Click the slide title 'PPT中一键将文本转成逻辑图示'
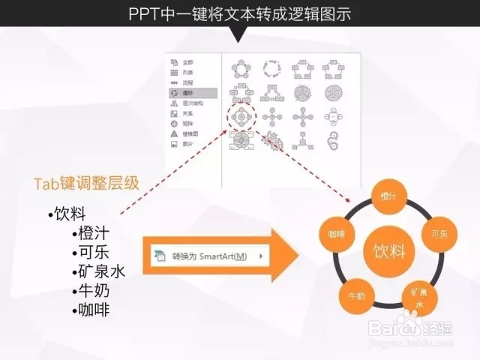tap(239, 13)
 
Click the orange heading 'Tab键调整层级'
tap(86, 183)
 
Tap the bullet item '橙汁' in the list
tap(93, 234)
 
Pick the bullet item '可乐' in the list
tap(93, 253)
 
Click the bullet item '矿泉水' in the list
tap(101, 271)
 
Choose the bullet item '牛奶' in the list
tap(93, 291)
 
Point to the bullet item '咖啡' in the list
tap(93, 310)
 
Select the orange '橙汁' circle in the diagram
tap(388, 196)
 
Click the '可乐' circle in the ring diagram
tap(439, 234)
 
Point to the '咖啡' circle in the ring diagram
tap(335, 234)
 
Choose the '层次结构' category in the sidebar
tap(191, 103)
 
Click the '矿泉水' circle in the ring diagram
tap(418, 295)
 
